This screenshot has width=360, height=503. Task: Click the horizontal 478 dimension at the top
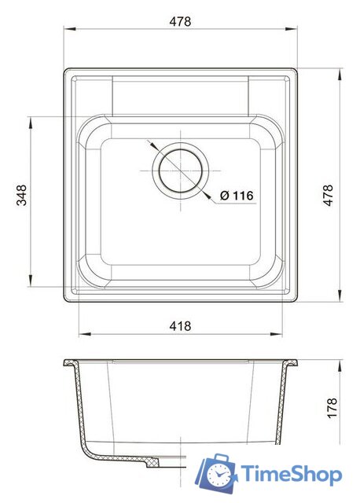tap(180, 21)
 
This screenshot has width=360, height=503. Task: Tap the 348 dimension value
tap(22, 195)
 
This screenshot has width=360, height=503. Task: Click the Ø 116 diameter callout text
tap(236, 196)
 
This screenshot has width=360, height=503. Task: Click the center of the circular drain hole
tap(182, 170)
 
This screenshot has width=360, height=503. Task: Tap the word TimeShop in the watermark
tap(290, 474)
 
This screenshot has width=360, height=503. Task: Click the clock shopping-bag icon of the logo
tap(217, 472)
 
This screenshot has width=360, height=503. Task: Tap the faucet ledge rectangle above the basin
tap(182, 96)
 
